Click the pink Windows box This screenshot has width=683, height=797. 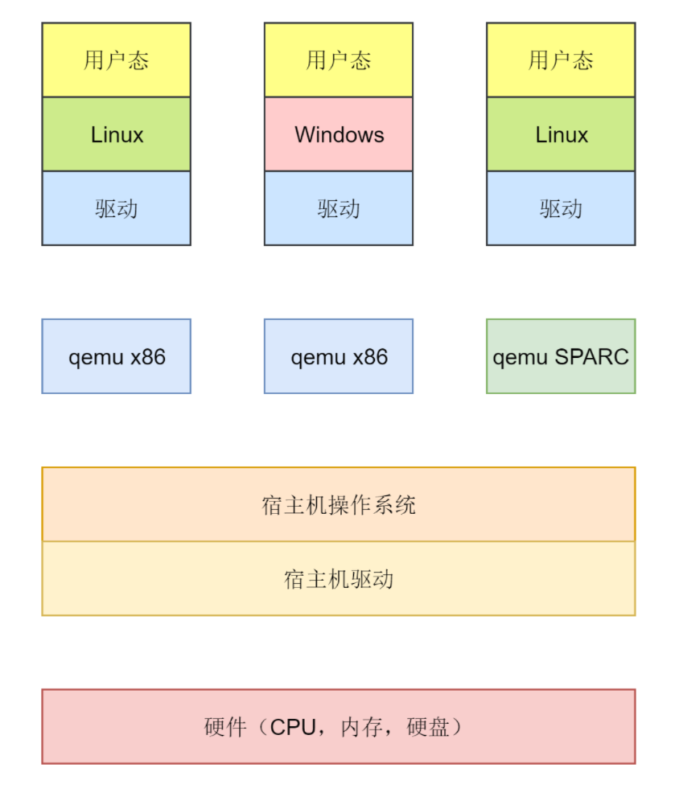(x=339, y=134)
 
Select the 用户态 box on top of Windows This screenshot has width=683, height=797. (x=339, y=60)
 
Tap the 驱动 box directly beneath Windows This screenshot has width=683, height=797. (x=339, y=208)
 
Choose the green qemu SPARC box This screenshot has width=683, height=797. (x=561, y=356)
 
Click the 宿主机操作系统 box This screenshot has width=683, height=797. (x=339, y=504)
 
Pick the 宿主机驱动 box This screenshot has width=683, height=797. (x=339, y=579)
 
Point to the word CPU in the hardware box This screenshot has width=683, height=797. (x=294, y=727)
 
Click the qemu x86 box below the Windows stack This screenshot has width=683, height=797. (x=339, y=356)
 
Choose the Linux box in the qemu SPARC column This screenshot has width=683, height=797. (x=561, y=134)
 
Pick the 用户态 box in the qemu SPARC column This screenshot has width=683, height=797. (x=561, y=60)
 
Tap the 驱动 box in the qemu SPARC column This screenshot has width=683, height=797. (x=561, y=208)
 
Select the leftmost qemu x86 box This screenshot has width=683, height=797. (x=117, y=356)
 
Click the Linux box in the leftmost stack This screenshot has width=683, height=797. (x=117, y=134)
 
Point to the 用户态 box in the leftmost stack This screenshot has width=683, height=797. (x=117, y=60)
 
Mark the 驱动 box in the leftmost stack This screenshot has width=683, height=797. (x=117, y=208)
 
